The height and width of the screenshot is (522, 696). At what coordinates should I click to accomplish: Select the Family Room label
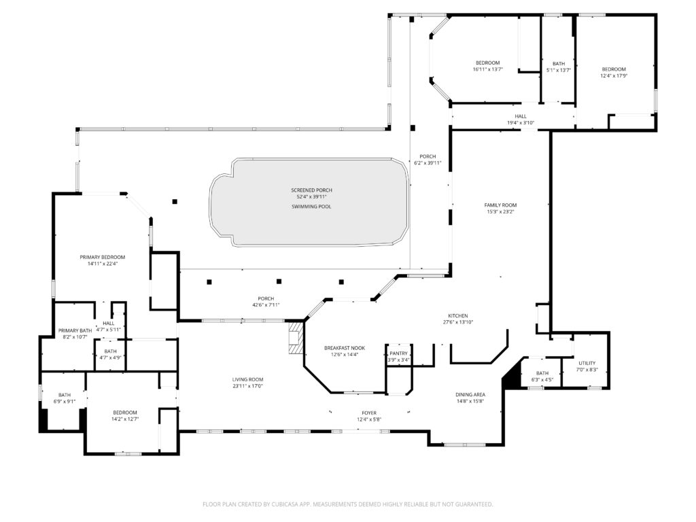click(500, 205)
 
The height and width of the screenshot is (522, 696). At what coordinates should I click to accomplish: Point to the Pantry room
click(399, 356)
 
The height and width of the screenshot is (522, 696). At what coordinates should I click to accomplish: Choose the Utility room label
click(587, 366)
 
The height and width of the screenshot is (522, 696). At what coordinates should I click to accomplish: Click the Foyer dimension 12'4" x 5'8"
click(368, 419)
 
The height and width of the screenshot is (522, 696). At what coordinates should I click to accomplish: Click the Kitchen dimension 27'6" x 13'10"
click(457, 322)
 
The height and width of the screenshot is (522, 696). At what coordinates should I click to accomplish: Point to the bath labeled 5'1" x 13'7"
click(558, 67)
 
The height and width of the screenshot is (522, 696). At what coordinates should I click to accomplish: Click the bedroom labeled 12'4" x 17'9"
click(614, 72)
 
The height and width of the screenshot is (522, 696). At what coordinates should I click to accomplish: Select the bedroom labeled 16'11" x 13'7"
click(487, 66)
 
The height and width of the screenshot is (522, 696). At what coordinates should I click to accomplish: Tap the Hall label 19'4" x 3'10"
click(521, 120)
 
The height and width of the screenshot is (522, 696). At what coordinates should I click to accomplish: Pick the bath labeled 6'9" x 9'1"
click(64, 398)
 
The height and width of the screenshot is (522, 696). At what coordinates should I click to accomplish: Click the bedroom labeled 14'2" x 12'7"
click(125, 415)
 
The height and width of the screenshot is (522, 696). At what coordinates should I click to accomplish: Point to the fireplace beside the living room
click(294, 337)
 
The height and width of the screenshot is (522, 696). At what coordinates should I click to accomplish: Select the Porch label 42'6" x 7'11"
click(265, 301)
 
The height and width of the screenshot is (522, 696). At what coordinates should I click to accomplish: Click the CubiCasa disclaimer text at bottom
click(347, 504)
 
